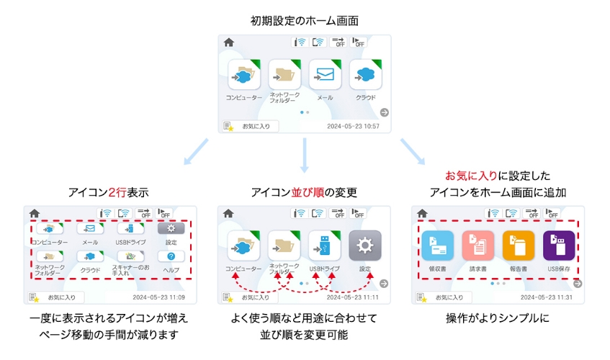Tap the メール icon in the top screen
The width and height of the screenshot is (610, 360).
click(325, 75)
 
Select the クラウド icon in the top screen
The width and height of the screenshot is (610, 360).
click(366, 75)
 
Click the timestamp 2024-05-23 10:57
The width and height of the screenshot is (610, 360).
click(353, 126)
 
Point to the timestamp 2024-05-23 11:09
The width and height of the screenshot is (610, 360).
click(159, 297)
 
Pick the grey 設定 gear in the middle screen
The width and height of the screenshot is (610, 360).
click(364, 246)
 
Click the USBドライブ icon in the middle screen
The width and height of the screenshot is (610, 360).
click(324, 246)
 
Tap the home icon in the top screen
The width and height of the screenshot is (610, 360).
click(229, 43)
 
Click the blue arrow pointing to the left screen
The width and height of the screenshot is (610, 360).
click(194, 152)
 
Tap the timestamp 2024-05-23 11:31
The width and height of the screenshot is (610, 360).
click(547, 297)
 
